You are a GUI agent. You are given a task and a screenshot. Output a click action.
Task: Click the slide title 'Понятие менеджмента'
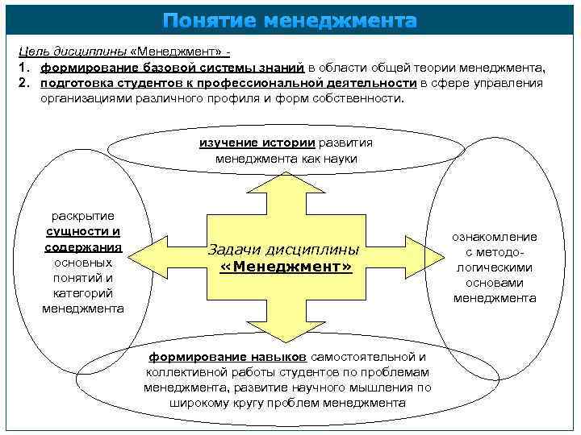(290, 20)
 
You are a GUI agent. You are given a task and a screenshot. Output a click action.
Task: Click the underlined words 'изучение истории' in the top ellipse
(257, 143)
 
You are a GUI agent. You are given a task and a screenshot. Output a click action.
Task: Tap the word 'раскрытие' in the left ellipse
(82, 216)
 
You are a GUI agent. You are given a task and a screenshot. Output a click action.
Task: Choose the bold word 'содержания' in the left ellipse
(82, 246)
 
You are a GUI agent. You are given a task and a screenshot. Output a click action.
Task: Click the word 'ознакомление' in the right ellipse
(494, 237)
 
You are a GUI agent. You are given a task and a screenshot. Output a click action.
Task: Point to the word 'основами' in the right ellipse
(494, 283)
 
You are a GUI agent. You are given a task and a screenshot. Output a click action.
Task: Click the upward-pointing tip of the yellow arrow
(288, 174)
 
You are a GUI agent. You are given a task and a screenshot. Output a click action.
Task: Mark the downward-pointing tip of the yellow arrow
(288, 338)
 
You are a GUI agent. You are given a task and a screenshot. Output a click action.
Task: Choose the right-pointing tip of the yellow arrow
(441, 256)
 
